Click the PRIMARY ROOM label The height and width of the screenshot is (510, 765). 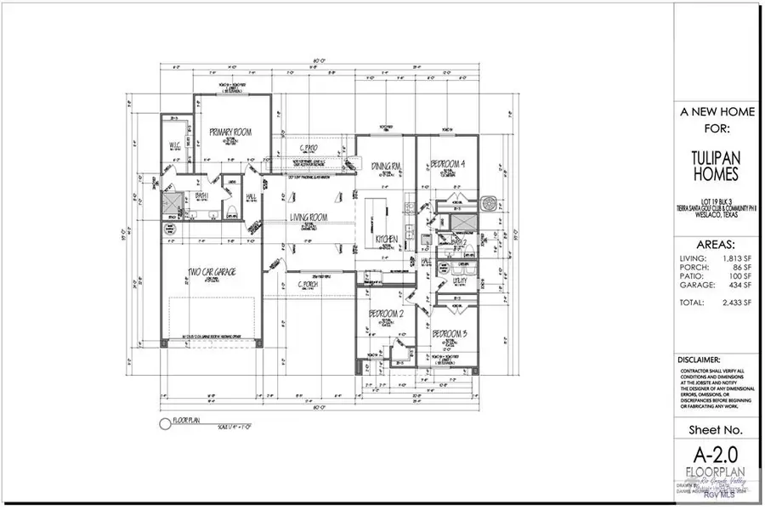coord(227,132)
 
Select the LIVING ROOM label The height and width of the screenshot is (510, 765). coord(310,218)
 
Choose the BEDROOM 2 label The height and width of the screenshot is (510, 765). coord(385,314)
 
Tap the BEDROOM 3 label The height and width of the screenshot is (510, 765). coord(450,334)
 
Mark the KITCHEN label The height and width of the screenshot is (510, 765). coord(387,241)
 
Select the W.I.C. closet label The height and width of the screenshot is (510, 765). coord(178,144)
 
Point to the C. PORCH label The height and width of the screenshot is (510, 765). coord(308,284)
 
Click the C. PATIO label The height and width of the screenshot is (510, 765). coord(308,149)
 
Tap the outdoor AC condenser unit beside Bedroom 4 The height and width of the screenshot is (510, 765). coord(489,204)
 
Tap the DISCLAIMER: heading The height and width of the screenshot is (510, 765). coord(700,360)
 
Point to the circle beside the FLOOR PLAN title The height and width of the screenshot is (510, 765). coord(165,422)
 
